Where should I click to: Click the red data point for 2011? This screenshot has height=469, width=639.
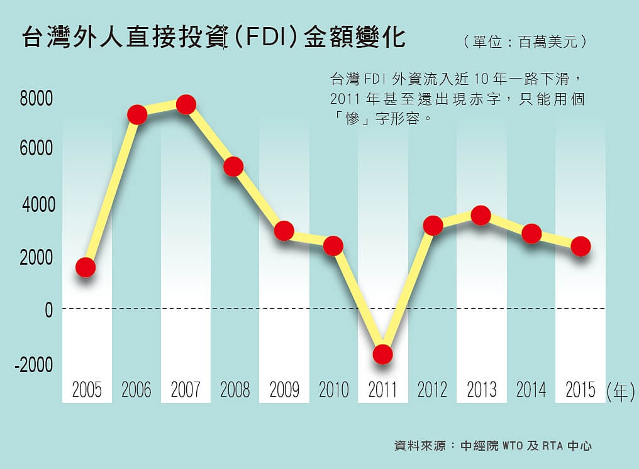point(382,354)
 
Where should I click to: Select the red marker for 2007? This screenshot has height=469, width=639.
point(186,104)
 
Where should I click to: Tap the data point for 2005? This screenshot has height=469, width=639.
point(86,267)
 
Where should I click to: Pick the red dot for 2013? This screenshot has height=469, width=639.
point(481,216)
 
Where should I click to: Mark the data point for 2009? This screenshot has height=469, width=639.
point(284,231)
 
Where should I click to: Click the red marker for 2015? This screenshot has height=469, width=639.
point(580,246)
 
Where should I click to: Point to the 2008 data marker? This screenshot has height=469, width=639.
point(233,167)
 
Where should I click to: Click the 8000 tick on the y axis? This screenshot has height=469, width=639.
point(36,99)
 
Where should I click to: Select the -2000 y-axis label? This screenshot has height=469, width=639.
point(34,365)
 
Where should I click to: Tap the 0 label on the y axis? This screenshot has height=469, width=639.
point(48,310)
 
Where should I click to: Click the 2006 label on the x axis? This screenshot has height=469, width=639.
point(136,390)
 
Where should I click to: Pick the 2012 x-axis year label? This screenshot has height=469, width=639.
point(432,390)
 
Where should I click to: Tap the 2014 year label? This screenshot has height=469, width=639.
point(531,390)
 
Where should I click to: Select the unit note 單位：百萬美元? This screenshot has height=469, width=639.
point(526,42)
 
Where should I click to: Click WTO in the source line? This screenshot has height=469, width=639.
point(513,446)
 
